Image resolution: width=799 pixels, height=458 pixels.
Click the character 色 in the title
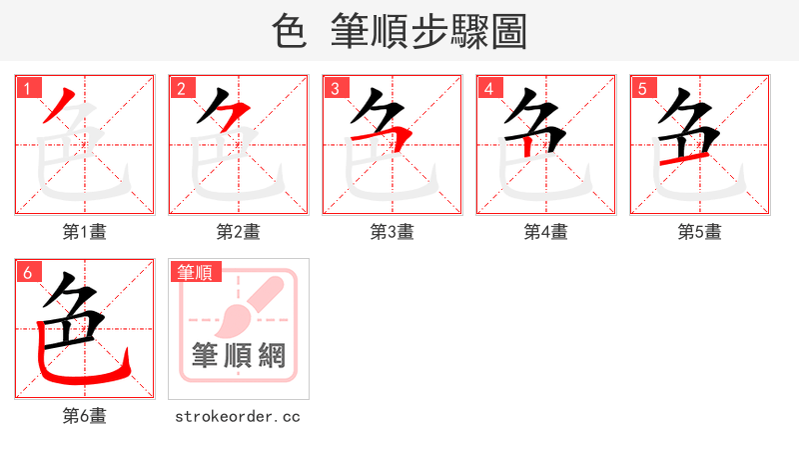[289, 32]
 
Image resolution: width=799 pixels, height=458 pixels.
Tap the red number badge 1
[27, 88]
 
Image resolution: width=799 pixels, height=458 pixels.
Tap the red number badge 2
[181, 88]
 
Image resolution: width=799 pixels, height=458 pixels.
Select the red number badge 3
[335, 88]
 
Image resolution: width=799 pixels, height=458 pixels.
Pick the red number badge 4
[488, 88]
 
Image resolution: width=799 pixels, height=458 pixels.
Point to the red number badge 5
[642, 88]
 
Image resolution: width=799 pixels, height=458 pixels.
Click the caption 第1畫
[85, 232]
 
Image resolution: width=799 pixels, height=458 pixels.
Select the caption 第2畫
[239, 232]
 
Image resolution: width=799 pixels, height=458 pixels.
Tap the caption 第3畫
[393, 232]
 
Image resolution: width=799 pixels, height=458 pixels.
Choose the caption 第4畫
[546, 232]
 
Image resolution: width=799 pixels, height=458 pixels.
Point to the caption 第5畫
[700, 232]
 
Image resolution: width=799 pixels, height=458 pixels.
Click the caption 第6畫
[85, 416]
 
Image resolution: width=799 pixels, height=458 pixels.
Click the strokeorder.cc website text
[238, 416]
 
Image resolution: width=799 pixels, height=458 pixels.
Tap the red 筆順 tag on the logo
[196, 272]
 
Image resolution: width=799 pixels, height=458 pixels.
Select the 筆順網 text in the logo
[239, 355]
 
